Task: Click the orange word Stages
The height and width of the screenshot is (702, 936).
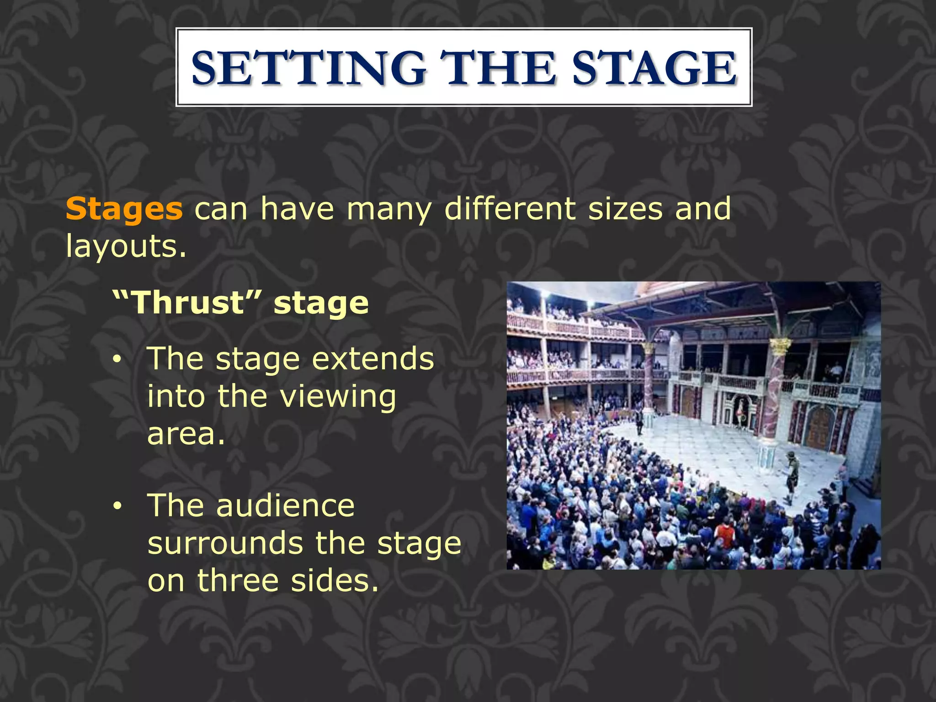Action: pyautogui.click(x=124, y=209)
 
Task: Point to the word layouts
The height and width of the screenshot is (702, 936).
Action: pyautogui.click(x=126, y=247)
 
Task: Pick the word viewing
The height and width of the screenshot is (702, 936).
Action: pyautogui.click(x=338, y=397)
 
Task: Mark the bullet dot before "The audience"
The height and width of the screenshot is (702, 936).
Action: pyautogui.click(x=118, y=506)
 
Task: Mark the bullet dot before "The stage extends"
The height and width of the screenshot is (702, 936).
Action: pyautogui.click(x=118, y=360)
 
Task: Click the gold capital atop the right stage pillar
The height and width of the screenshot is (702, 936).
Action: pyautogui.click(x=780, y=346)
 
